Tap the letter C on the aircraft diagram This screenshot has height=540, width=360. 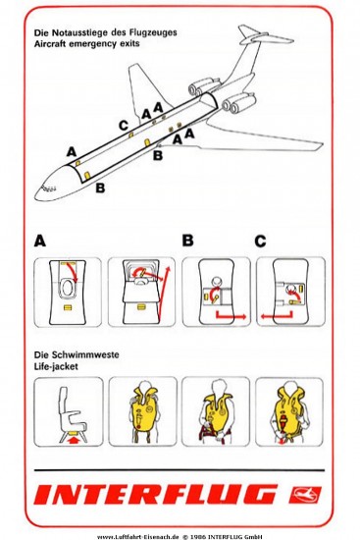123,124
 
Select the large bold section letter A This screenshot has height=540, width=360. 39,240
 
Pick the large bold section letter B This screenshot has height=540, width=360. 187,240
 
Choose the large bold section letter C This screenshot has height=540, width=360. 260,240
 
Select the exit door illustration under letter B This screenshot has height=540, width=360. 216,291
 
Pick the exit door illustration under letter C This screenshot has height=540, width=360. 288,291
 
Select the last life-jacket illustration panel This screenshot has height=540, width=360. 288,410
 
